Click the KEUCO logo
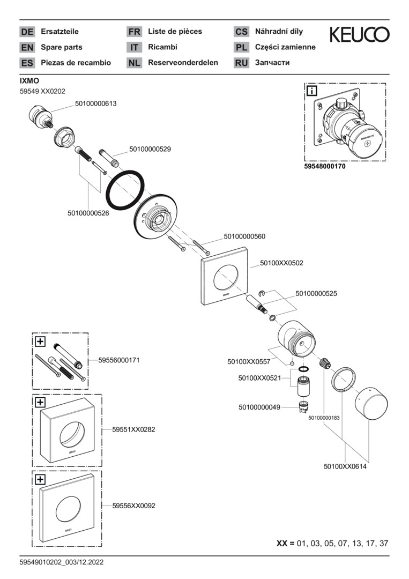[x=359, y=35]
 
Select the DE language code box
[x=27, y=32]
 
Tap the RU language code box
[x=241, y=63]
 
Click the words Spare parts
[x=62, y=47]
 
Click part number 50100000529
[x=150, y=149]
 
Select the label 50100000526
[x=88, y=213]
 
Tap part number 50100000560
[x=244, y=236]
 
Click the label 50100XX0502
[x=281, y=263]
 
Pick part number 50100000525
[x=316, y=294]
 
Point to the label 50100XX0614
[x=345, y=466]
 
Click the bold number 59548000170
[x=325, y=167]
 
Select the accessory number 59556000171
[x=119, y=360]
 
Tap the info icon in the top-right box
[x=311, y=91]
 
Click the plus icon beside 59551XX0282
[x=40, y=402]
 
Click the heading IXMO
[x=29, y=80]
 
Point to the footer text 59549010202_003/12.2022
[x=61, y=562]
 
